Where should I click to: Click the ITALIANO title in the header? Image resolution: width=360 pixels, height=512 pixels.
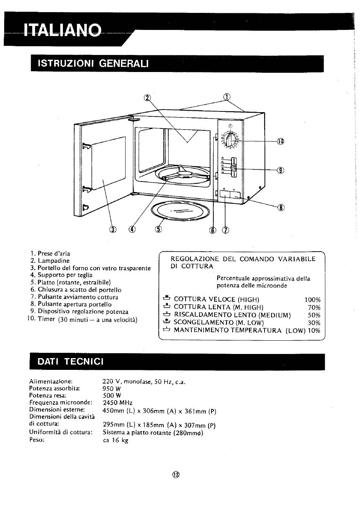coord(63,30)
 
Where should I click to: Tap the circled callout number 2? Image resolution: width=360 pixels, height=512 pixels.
coord(147,98)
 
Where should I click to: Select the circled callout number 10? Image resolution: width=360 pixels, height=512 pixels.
coord(280,141)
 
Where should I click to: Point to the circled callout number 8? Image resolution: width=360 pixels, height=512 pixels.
coord(281,207)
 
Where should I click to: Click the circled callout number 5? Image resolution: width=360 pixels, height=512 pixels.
coord(158,229)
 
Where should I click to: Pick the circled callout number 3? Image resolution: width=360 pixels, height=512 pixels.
coord(113,229)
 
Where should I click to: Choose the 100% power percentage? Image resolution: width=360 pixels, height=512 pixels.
coord(313,300)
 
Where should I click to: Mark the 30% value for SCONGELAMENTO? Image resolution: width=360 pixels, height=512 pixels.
coord(314,323)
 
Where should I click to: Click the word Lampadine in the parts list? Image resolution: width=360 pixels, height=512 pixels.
coord(53,261)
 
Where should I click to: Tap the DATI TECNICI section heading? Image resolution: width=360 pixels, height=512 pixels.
coord(70,362)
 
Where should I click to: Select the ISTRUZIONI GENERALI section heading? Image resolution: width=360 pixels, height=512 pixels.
coord(93,63)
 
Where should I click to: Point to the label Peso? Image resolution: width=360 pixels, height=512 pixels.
coord(37,440)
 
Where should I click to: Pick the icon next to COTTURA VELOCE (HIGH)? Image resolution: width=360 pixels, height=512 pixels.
coord(167,298)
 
